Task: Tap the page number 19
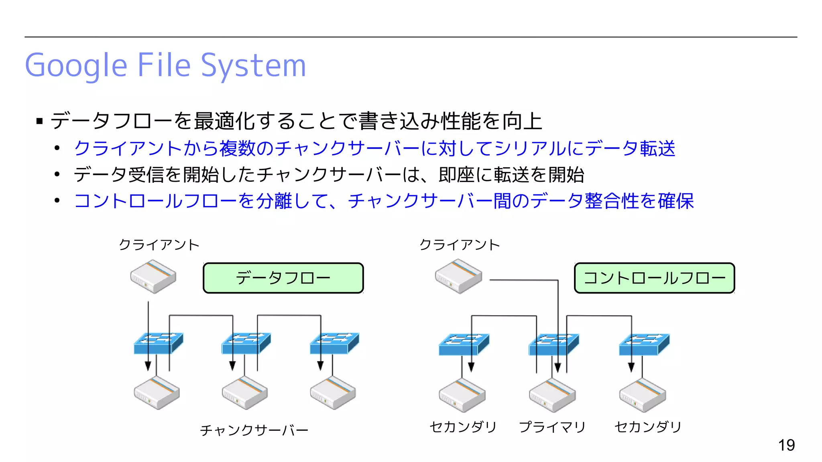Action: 786,445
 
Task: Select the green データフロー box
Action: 283,278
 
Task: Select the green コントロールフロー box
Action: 654,278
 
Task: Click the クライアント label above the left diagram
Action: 159,245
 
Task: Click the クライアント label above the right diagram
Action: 460,245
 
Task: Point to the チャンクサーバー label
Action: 254,430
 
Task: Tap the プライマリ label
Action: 552,427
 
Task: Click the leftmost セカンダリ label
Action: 463,427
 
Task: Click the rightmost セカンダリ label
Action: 648,427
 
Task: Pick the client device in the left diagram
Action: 153,276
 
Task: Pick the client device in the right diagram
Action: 458,276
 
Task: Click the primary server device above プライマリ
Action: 552,395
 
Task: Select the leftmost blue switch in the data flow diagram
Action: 158,343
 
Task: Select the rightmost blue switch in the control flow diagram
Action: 644,344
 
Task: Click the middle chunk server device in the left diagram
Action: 244,393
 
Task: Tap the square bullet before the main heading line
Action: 39,121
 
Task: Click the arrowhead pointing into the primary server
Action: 557,367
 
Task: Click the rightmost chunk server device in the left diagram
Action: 333,393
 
